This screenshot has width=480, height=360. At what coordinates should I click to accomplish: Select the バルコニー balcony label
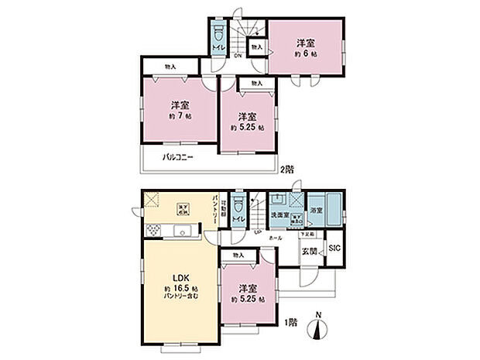tap(177, 158)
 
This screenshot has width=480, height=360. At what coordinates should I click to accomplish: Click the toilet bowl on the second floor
tap(219, 36)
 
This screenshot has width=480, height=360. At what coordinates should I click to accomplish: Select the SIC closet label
tap(334, 248)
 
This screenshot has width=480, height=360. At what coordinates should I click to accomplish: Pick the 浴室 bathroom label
tap(317, 209)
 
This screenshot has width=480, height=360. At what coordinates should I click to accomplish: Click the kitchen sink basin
tap(183, 230)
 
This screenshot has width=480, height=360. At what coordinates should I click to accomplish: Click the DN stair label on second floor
tap(239, 55)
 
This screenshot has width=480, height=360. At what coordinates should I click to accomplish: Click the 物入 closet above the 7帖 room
tap(170, 67)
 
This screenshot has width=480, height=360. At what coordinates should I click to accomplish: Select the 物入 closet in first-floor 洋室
tap(238, 255)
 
